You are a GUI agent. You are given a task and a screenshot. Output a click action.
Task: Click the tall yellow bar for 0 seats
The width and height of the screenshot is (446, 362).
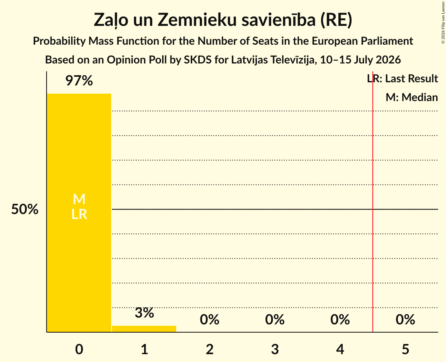click(79, 213)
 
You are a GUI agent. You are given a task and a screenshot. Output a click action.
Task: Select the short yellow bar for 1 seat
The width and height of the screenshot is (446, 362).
click(144, 329)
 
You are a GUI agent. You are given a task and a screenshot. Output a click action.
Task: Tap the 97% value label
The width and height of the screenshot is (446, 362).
click(79, 81)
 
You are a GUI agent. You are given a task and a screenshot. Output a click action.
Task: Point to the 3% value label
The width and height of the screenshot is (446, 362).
click(144, 313)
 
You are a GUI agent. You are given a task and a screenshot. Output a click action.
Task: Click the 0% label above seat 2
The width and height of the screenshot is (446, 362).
click(209, 320)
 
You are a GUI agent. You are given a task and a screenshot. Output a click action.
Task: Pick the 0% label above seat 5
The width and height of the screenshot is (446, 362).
click(405, 320)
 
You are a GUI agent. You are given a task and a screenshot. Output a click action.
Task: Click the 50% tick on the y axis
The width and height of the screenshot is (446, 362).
click(25, 209)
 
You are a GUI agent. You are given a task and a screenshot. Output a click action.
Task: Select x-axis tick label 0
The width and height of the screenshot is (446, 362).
click(79, 349)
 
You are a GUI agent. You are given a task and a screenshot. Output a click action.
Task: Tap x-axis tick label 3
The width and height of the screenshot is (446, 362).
click(275, 349)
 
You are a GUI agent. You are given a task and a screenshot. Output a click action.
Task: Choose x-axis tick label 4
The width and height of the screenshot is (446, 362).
click(340, 349)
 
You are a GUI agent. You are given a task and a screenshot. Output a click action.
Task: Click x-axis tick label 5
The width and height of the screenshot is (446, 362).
click(405, 349)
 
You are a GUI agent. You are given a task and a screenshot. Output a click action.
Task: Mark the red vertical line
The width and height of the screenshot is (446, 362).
click(373, 201)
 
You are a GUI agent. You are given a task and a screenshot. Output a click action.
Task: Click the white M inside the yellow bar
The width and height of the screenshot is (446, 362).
click(79, 199)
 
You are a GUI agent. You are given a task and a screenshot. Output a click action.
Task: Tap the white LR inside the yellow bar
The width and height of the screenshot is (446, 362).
click(79, 214)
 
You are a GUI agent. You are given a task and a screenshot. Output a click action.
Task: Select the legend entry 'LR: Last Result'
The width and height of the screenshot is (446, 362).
click(402, 78)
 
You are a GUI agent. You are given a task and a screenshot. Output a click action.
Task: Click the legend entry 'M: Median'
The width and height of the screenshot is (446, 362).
click(412, 97)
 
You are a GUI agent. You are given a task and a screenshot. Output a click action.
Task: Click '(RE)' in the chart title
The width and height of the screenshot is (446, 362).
click(336, 20)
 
